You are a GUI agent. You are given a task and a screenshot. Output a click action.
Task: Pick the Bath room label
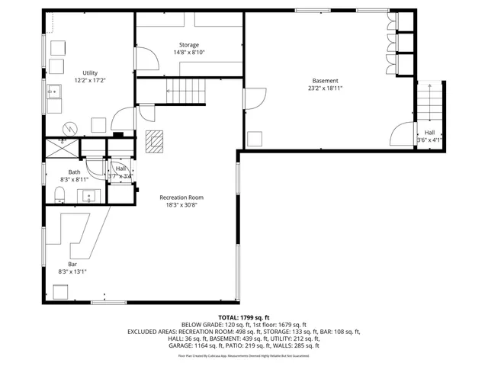click(74, 172)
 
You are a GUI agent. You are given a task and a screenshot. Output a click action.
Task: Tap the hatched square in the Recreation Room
click(155, 141)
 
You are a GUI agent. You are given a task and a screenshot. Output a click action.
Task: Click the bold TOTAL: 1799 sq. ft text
click(243, 316)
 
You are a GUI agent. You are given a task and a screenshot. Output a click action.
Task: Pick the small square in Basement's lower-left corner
click(255, 138)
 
